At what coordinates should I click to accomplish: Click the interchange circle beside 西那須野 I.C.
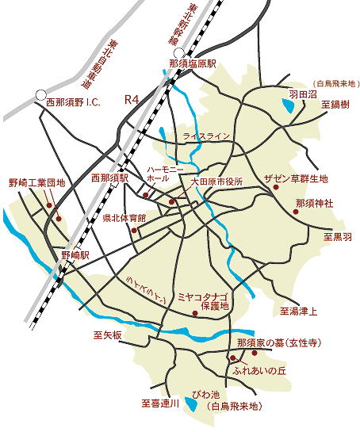(x=40, y=95)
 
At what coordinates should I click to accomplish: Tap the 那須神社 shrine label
(x=313, y=204)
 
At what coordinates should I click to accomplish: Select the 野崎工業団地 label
(x=36, y=182)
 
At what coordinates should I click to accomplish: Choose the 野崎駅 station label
(x=75, y=258)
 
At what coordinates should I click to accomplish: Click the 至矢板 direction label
(x=107, y=335)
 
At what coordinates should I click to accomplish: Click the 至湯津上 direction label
(x=298, y=312)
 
